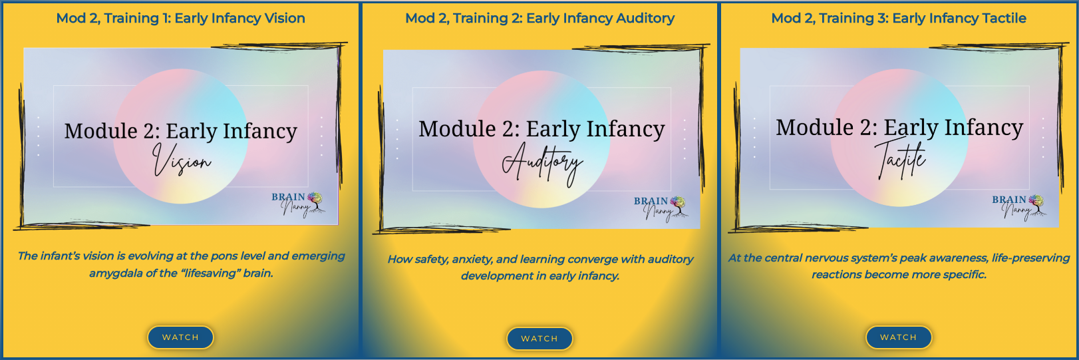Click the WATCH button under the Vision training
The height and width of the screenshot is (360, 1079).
click(x=180, y=337)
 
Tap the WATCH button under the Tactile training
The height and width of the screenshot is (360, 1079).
click(x=898, y=337)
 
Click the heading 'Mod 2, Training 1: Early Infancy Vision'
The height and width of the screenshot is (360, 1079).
click(x=181, y=19)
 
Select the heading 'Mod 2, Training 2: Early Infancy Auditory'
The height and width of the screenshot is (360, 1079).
click(x=539, y=19)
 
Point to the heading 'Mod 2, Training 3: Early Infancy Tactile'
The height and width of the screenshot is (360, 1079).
click(x=898, y=19)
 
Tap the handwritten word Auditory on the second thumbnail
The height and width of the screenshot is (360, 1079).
click(x=542, y=164)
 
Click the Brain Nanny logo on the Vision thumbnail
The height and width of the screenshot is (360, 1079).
click(x=297, y=204)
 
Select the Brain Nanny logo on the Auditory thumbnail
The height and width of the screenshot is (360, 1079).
click(x=660, y=208)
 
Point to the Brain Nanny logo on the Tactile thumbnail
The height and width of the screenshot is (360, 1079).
click(x=1018, y=207)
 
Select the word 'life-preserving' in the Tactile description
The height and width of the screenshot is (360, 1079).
click(x=1030, y=258)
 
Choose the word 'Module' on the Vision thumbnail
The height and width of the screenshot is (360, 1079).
click(x=101, y=131)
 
